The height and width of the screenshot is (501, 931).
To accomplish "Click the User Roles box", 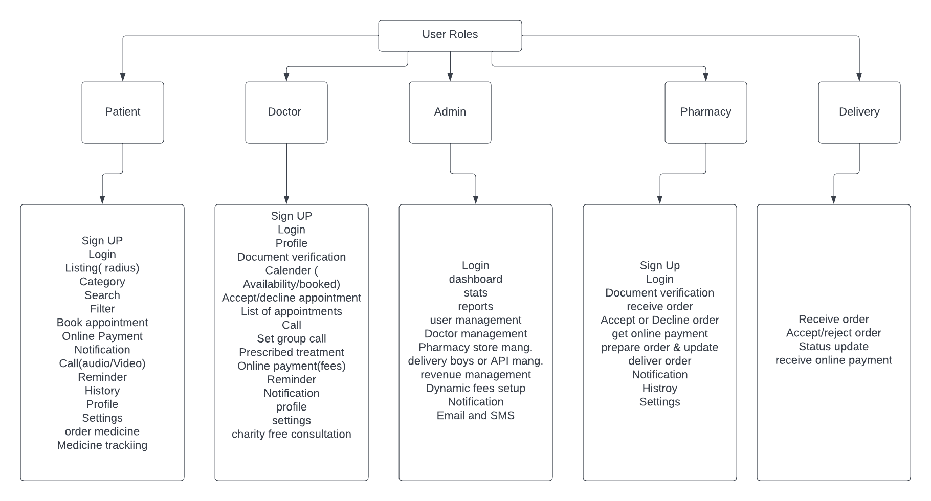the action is pyautogui.click(x=450, y=36).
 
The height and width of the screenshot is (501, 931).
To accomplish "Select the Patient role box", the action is pyautogui.click(x=123, y=112).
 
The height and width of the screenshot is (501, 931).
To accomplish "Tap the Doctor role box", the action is pyautogui.click(x=286, y=112).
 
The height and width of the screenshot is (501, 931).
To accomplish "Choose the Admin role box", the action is pyautogui.click(x=450, y=112).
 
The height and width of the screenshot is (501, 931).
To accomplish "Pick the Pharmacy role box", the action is pyautogui.click(x=706, y=112).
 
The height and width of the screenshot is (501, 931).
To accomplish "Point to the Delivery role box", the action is pyautogui.click(x=859, y=112).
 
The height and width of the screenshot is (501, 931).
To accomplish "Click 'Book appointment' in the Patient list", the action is pyautogui.click(x=102, y=323).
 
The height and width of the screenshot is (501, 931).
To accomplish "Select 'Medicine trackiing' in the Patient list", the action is pyautogui.click(x=102, y=445).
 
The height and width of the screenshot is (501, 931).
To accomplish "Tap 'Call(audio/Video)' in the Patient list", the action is pyautogui.click(x=102, y=363).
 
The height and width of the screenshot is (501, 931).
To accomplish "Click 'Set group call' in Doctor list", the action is pyautogui.click(x=292, y=339).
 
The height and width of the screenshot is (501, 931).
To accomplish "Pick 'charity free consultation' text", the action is pyautogui.click(x=292, y=434).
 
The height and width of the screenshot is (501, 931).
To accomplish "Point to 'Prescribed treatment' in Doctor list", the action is pyautogui.click(x=292, y=352).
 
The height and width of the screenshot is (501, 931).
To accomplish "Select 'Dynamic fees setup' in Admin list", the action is pyautogui.click(x=476, y=389).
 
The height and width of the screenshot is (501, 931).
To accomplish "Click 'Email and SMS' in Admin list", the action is pyautogui.click(x=476, y=416).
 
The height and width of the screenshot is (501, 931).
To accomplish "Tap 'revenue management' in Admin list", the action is pyautogui.click(x=476, y=375).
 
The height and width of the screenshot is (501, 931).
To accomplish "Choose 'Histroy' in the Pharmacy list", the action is pyautogui.click(x=660, y=389).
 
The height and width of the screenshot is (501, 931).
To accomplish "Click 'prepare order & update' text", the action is pyautogui.click(x=660, y=348).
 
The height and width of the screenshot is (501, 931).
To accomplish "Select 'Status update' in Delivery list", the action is pyautogui.click(x=834, y=347).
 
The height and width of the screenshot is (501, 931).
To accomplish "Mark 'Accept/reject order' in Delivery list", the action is pyautogui.click(x=834, y=333).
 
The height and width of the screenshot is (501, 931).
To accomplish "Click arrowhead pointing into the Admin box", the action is pyautogui.click(x=450, y=78).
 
